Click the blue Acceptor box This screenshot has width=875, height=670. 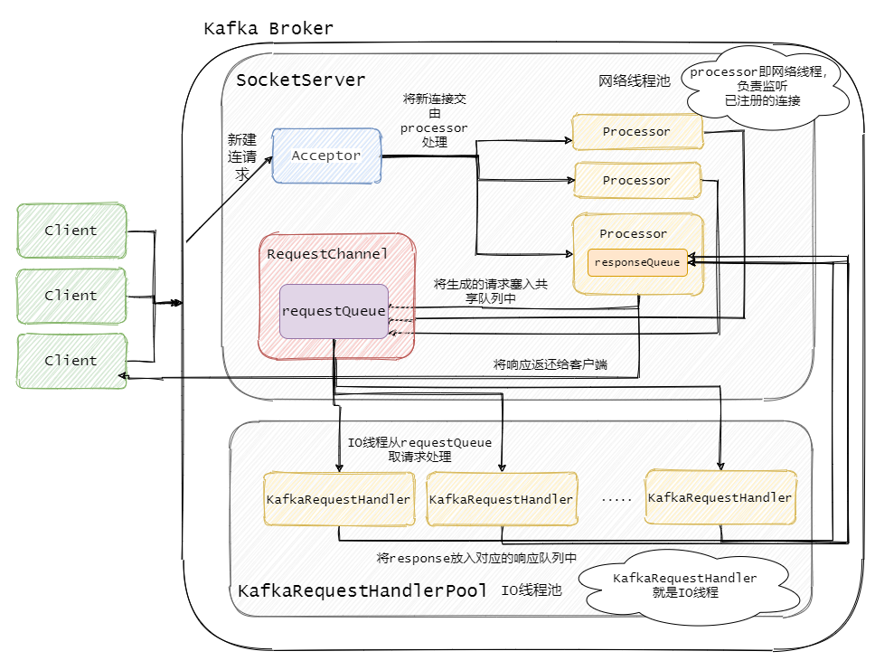325,156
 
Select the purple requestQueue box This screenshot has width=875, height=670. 334,311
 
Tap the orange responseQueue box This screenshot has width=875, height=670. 637,262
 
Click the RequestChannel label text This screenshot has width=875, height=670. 327,254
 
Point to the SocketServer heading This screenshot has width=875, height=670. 300,80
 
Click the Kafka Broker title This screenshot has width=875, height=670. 268,29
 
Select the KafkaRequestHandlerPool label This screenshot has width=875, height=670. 362,591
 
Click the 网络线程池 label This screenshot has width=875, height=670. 635,81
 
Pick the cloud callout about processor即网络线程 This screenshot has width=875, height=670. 764,87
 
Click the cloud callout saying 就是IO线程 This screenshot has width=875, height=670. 684,585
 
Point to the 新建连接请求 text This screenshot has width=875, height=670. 241,157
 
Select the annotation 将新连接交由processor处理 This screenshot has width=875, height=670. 434,120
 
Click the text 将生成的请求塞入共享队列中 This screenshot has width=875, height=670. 490,290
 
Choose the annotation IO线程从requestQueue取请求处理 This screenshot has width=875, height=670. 419,449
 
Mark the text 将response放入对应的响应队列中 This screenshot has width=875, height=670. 475,558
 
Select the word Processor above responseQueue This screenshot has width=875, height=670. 633,233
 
